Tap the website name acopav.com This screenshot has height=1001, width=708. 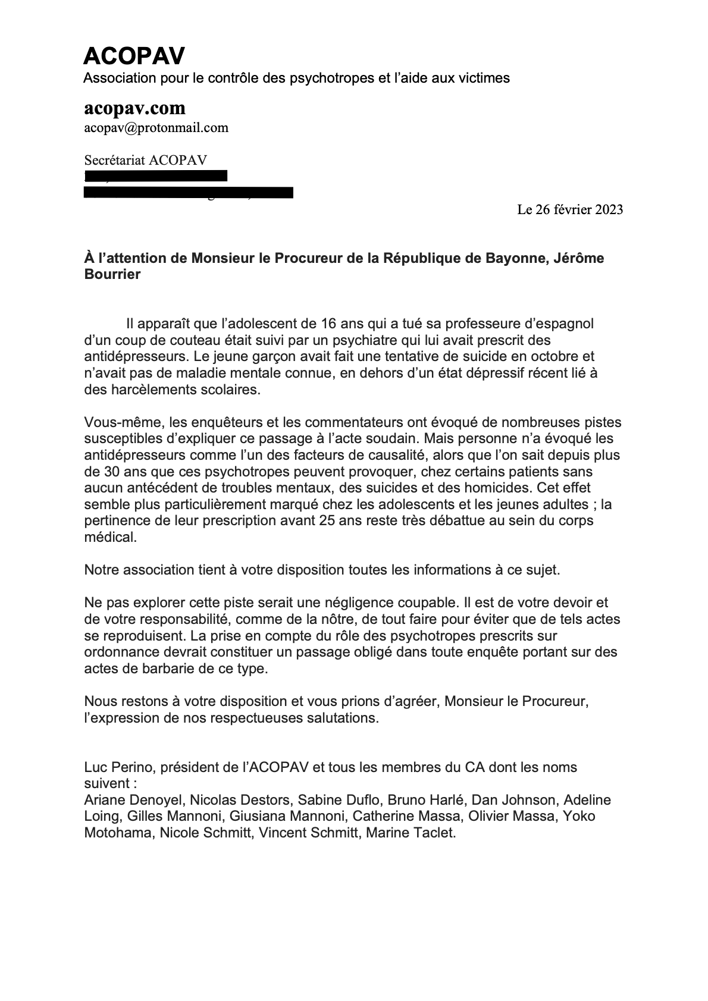pyautogui.click(x=134, y=108)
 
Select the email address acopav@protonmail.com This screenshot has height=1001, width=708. pyautogui.click(x=156, y=127)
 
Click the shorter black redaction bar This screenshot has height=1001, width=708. pyautogui.click(x=156, y=175)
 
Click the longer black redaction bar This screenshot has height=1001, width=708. pyautogui.click(x=189, y=192)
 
